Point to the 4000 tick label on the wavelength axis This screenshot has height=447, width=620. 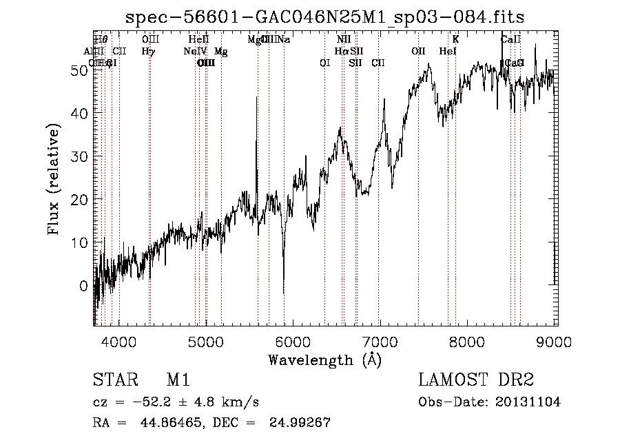tap(119, 342)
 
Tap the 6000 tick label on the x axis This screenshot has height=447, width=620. tap(293, 342)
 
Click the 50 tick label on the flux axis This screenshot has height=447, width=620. tap(81, 70)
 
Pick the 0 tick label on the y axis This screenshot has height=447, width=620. tap(84, 285)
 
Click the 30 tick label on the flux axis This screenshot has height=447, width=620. tap(81, 156)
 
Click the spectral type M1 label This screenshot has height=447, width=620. tap(178, 380)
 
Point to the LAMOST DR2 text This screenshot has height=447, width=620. tap(476, 380)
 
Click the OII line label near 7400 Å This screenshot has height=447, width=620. tap(418, 51)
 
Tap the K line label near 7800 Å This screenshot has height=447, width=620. tap(455, 39)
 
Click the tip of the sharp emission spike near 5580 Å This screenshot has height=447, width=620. tap(257, 97)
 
